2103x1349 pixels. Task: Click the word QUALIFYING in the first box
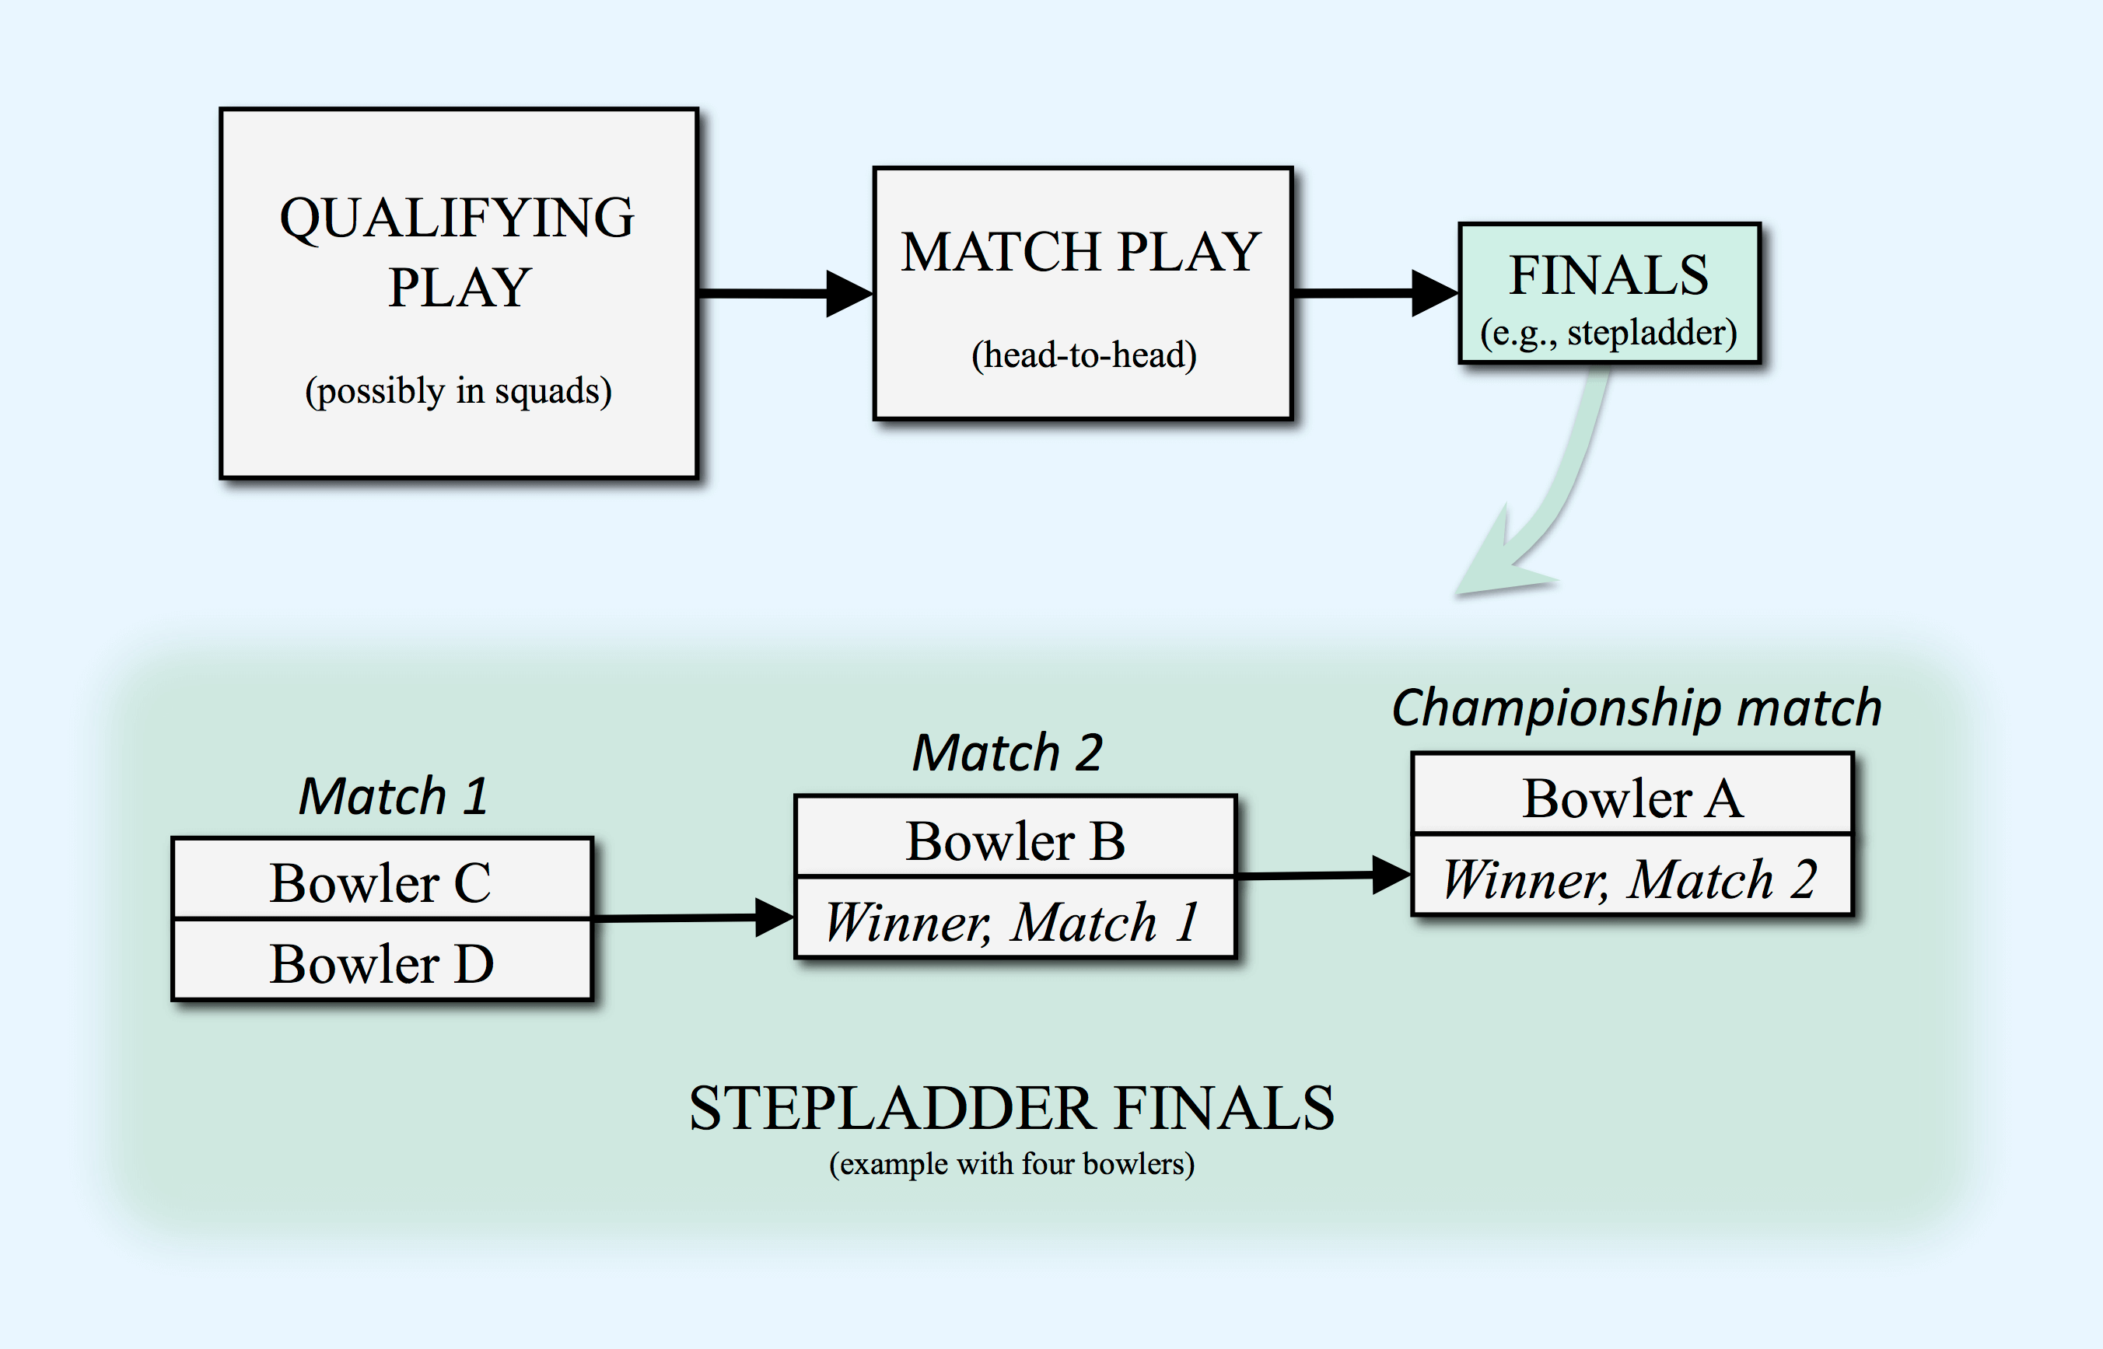coord(457,218)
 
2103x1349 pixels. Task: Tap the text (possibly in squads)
coord(458,390)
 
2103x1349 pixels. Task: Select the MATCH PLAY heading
coord(1080,252)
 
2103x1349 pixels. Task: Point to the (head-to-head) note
coord(1084,355)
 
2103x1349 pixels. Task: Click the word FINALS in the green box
coord(1609,275)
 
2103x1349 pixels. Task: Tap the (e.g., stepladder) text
coord(1609,333)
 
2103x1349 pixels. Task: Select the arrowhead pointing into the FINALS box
coord(1435,292)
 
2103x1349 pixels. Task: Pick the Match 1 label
coord(394,796)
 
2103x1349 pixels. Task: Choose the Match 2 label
coord(1008,753)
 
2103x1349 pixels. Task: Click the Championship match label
coord(1636,708)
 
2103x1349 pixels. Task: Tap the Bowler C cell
coord(382,879)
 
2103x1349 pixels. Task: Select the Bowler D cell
coord(382,960)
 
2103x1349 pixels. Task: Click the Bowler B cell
coord(1015,837)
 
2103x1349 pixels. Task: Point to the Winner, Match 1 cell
coord(1015,917)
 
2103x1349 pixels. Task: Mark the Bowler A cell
coord(1632,794)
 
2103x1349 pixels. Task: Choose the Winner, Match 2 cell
coord(1632,874)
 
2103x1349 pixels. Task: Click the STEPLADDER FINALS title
coord(1012,1108)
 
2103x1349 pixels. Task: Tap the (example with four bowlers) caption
coord(1012,1164)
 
